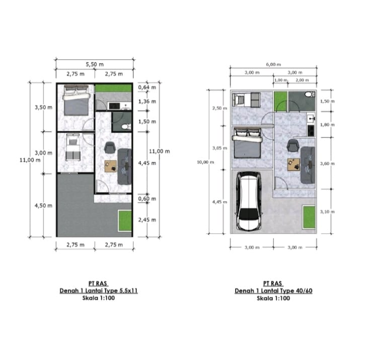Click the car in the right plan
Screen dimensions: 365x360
[x=249, y=201]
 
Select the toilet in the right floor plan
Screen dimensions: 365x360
[x=310, y=95]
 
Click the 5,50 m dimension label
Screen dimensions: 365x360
[x=95, y=64]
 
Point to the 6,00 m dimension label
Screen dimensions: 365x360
[x=273, y=64]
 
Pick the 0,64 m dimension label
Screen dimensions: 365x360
[x=147, y=87]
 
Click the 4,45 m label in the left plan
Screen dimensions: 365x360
[x=147, y=163]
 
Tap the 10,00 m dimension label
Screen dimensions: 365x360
[x=205, y=162]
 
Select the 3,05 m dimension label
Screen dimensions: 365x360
[x=220, y=148]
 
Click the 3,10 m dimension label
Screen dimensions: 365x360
[x=327, y=212]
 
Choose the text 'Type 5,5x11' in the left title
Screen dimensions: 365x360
[x=121, y=291]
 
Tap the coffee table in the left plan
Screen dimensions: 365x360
[x=111, y=166]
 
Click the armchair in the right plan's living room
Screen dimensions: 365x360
[x=293, y=145]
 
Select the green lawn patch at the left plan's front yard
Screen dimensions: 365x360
[x=125, y=221]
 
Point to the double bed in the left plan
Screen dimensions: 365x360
[x=76, y=100]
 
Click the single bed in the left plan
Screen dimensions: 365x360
[x=72, y=147]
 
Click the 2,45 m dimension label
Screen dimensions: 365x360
[x=147, y=220]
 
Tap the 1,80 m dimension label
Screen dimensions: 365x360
[x=327, y=125]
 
